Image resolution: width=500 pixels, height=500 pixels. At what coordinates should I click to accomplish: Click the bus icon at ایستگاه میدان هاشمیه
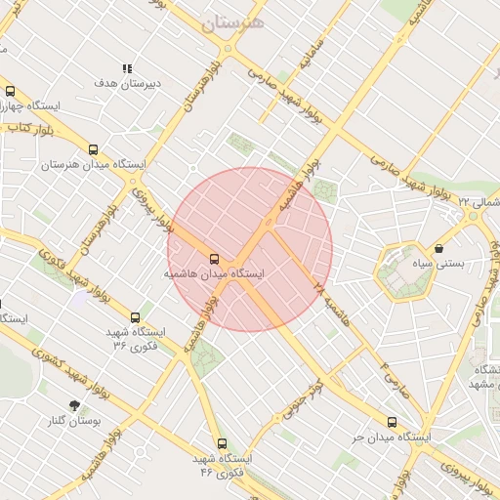[x=213, y=259]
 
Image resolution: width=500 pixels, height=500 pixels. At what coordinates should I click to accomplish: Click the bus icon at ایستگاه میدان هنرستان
[x=93, y=149]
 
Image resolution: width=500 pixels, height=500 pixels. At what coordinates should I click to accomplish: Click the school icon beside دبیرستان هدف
[x=126, y=68]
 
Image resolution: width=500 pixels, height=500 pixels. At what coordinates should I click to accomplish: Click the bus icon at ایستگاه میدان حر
[x=392, y=423]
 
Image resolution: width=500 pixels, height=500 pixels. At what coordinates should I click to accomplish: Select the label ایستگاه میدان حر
[x=392, y=438]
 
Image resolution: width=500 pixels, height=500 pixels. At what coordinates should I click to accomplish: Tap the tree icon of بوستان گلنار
[x=74, y=404]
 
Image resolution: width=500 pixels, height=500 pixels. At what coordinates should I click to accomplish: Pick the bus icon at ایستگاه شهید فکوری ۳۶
[x=135, y=317]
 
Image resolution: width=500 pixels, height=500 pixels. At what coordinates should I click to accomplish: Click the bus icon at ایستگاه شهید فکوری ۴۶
[x=222, y=442]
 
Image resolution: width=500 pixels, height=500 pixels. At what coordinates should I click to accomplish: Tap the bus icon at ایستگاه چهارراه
[x=10, y=91]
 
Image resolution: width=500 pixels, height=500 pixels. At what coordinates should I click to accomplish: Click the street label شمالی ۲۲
[x=478, y=201]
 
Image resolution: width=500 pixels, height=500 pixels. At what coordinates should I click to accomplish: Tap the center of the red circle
[x=250, y=249]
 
